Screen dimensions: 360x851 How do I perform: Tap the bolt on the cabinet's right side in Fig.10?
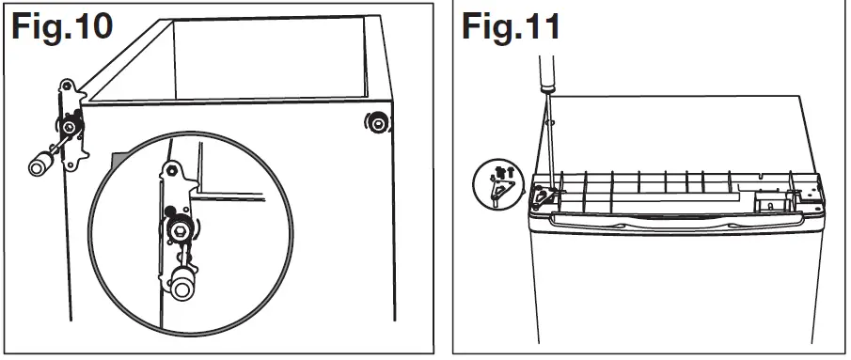[x=376, y=123]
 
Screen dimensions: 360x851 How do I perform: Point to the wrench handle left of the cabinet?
[x=40, y=165]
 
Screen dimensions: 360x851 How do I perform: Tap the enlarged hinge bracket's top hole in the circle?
[x=170, y=172]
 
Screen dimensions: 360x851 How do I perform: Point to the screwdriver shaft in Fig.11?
[x=546, y=141]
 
